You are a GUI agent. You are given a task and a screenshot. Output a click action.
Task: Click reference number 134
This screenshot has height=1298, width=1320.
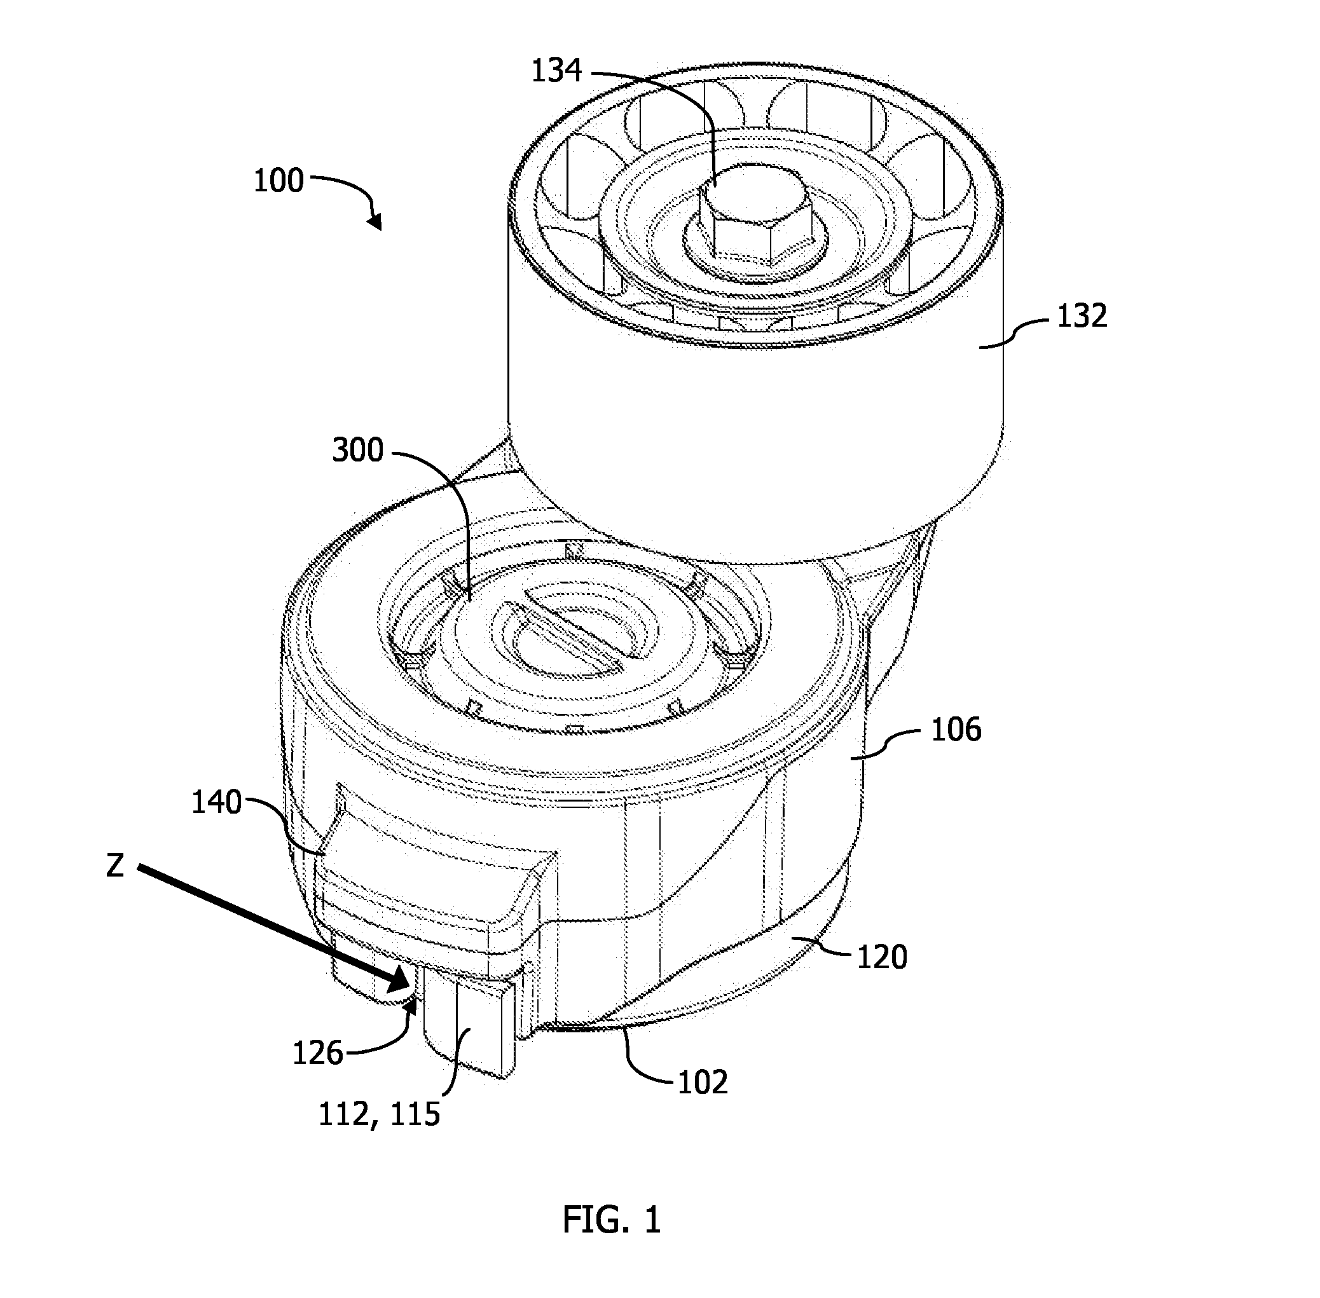click(556, 71)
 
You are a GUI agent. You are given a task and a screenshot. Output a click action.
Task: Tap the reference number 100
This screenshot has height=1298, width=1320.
click(278, 181)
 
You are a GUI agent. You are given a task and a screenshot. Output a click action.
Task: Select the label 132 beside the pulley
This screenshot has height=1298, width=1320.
click(1082, 317)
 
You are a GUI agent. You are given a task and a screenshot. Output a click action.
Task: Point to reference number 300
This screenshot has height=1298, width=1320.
click(358, 451)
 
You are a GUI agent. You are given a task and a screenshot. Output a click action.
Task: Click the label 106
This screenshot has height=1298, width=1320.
click(956, 730)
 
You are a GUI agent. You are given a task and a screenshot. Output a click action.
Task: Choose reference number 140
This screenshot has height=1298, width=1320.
click(216, 802)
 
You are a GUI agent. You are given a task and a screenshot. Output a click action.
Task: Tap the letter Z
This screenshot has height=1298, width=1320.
click(115, 866)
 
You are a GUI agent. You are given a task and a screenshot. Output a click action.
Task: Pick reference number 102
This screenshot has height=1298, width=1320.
click(702, 1082)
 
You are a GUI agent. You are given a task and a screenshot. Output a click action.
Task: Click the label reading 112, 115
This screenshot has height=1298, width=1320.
click(379, 1116)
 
